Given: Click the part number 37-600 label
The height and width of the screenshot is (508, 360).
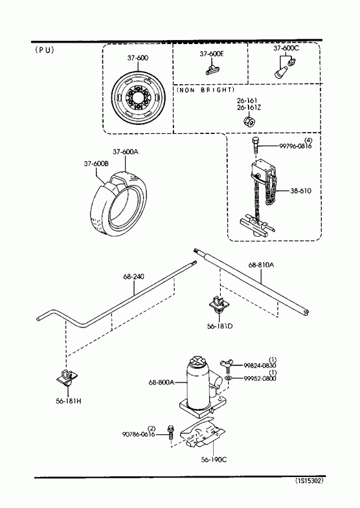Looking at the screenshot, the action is [138, 58].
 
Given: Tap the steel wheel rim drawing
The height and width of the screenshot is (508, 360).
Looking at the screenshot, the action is [139, 98].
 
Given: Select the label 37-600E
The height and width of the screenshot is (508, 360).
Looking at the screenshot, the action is [212, 54].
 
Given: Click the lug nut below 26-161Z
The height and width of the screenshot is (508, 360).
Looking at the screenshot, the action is [249, 122].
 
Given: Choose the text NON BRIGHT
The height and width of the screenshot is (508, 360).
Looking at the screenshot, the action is [205, 90].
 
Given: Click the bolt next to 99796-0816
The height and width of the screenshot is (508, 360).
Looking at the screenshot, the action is [255, 146].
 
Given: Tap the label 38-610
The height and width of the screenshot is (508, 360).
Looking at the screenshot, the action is [300, 191].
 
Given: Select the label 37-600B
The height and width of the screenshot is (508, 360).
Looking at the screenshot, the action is [96, 164].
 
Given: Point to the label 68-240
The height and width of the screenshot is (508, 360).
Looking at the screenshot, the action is [134, 277].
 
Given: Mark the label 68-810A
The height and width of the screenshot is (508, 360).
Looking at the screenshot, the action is [261, 265].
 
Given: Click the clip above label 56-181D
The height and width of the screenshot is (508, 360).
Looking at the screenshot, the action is [219, 305].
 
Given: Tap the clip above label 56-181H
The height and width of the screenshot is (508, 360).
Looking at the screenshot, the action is [67, 377].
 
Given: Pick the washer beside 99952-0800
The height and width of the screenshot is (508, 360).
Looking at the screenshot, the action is [228, 379].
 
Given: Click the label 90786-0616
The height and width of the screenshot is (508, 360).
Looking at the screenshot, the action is [139, 434].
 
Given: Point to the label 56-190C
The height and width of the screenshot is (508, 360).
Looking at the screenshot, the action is [214, 459].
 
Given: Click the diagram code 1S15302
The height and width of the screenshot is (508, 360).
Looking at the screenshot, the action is [309, 481].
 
